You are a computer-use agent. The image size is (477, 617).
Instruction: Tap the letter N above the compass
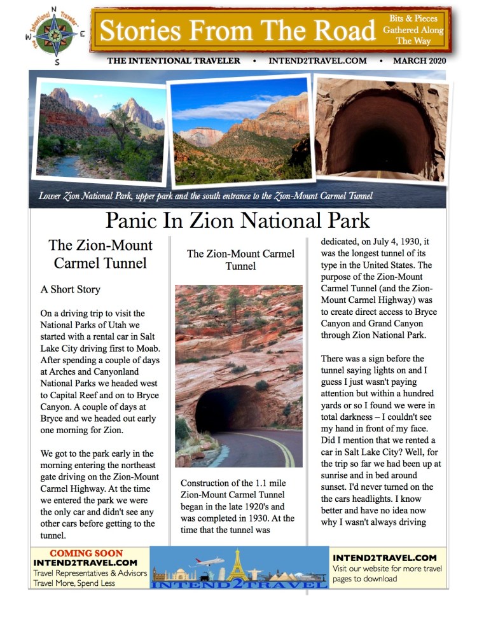(55, 10)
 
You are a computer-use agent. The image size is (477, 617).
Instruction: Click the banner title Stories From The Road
(238, 30)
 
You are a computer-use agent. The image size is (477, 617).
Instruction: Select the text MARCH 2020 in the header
(419, 61)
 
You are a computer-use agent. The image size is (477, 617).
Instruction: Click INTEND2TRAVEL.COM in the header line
(317, 61)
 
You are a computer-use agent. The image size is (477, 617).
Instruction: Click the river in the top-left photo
(67, 167)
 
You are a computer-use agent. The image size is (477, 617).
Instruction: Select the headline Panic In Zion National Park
(237, 220)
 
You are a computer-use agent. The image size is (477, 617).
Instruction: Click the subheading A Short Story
(71, 289)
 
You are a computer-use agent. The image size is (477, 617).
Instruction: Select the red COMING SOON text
(86, 553)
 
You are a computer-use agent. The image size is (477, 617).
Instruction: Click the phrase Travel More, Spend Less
(74, 583)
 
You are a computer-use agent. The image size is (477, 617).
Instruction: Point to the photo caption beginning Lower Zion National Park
(205, 196)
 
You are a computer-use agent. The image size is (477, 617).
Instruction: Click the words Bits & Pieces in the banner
(413, 18)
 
